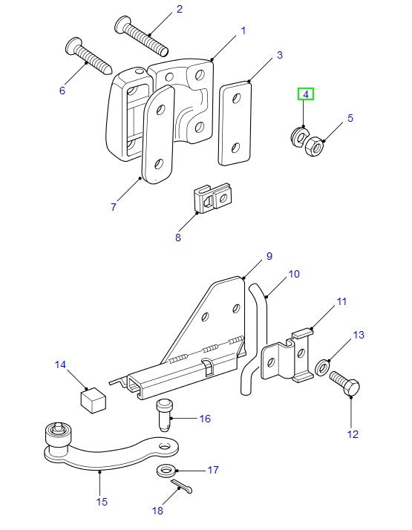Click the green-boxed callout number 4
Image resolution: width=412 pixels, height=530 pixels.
(306, 95)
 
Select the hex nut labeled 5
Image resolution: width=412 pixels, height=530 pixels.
(315, 147)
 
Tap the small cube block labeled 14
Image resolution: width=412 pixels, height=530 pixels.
(93, 400)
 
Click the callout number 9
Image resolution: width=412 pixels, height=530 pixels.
(269, 256)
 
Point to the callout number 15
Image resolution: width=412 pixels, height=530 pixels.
(102, 502)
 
